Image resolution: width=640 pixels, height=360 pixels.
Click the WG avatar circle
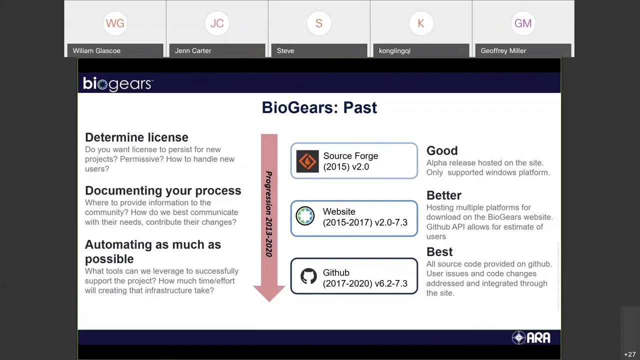(115, 23)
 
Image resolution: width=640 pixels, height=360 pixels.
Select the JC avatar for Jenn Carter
(217, 23)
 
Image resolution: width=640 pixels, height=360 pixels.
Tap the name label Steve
(285, 50)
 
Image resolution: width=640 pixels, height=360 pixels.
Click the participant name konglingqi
(394, 50)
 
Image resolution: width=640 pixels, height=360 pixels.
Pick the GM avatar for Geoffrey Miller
(523, 23)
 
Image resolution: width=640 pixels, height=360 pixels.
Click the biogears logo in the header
(117, 84)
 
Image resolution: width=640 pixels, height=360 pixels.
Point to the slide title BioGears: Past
(319, 107)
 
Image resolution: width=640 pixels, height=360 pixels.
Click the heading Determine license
(136, 137)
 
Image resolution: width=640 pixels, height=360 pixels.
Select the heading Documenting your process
(163, 190)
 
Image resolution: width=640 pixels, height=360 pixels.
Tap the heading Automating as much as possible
(152, 251)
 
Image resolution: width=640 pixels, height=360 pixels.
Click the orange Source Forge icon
(307, 161)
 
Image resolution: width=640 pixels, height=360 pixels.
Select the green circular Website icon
(305, 216)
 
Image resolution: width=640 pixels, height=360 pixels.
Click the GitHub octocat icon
(308, 276)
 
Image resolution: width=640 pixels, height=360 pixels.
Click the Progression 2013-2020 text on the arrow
(269, 214)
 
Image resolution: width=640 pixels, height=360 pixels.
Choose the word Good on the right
(442, 151)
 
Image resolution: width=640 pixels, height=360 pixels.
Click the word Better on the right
(443, 195)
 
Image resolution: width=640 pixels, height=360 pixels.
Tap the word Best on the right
(439, 252)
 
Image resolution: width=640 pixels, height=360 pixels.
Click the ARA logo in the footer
(531, 338)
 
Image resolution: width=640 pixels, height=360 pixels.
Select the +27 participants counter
(629, 354)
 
